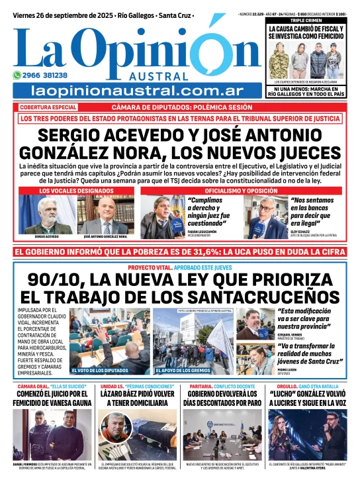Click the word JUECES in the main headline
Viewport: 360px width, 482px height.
(285, 152)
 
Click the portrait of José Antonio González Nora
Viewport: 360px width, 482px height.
(105, 214)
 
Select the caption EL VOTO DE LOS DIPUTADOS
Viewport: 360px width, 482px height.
(100, 370)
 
